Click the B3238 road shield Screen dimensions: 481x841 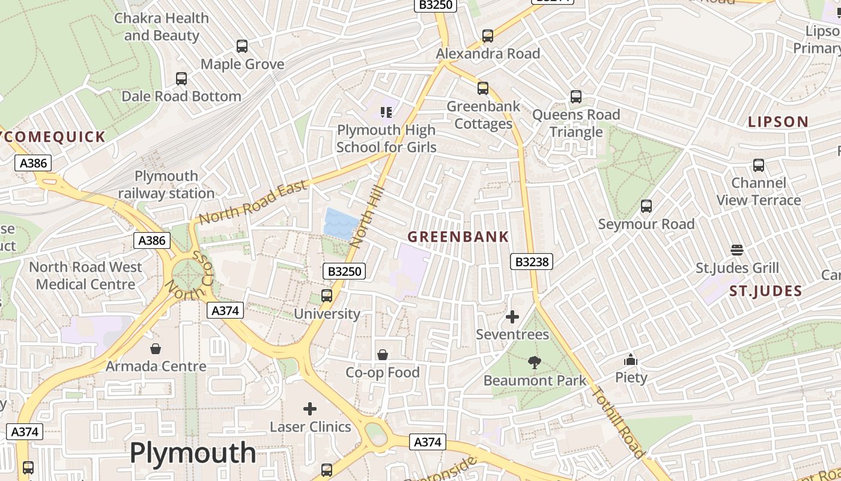click(531, 262)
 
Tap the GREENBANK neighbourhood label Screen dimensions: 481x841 click(458, 237)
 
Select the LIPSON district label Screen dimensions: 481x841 click(778, 122)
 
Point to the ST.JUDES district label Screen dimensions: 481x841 click(765, 292)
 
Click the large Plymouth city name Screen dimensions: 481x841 click(193, 453)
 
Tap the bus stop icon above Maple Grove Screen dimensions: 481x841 click(242, 46)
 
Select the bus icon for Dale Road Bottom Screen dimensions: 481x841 click(181, 79)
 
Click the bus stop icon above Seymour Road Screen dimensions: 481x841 click(646, 206)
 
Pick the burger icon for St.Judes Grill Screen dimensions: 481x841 click(737, 250)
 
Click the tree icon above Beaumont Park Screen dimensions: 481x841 click(534, 363)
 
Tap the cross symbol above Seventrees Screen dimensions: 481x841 click(512, 317)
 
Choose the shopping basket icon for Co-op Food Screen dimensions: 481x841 click(383, 355)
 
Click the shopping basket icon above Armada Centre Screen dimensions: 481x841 click(156, 349)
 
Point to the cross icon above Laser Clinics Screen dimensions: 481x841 click(310, 409)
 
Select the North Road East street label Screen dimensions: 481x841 click(253, 203)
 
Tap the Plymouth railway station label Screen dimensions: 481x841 click(166, 185)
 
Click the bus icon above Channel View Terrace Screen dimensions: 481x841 click(759, 165)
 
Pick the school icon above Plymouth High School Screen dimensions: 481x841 click(386, 112)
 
